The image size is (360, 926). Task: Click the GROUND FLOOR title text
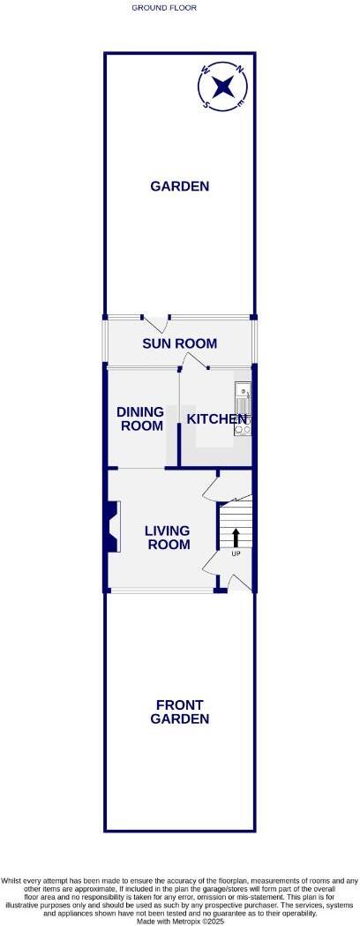point(164,7)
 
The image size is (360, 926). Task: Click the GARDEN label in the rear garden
point(179,186)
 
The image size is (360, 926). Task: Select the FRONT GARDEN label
point(179,711)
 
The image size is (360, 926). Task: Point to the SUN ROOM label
point(180,344)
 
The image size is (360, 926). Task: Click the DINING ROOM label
point(140,418)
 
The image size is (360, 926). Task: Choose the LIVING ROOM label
point(168,538)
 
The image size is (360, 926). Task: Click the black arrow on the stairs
point(236,536)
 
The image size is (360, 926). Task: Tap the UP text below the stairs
point(236,553)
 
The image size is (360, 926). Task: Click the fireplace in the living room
point(113,528)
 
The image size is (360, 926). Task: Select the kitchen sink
point(243,394)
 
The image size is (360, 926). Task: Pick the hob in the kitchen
point(244,426)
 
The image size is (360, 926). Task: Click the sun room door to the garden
point(156,324)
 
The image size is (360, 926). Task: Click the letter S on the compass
point(206,103)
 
